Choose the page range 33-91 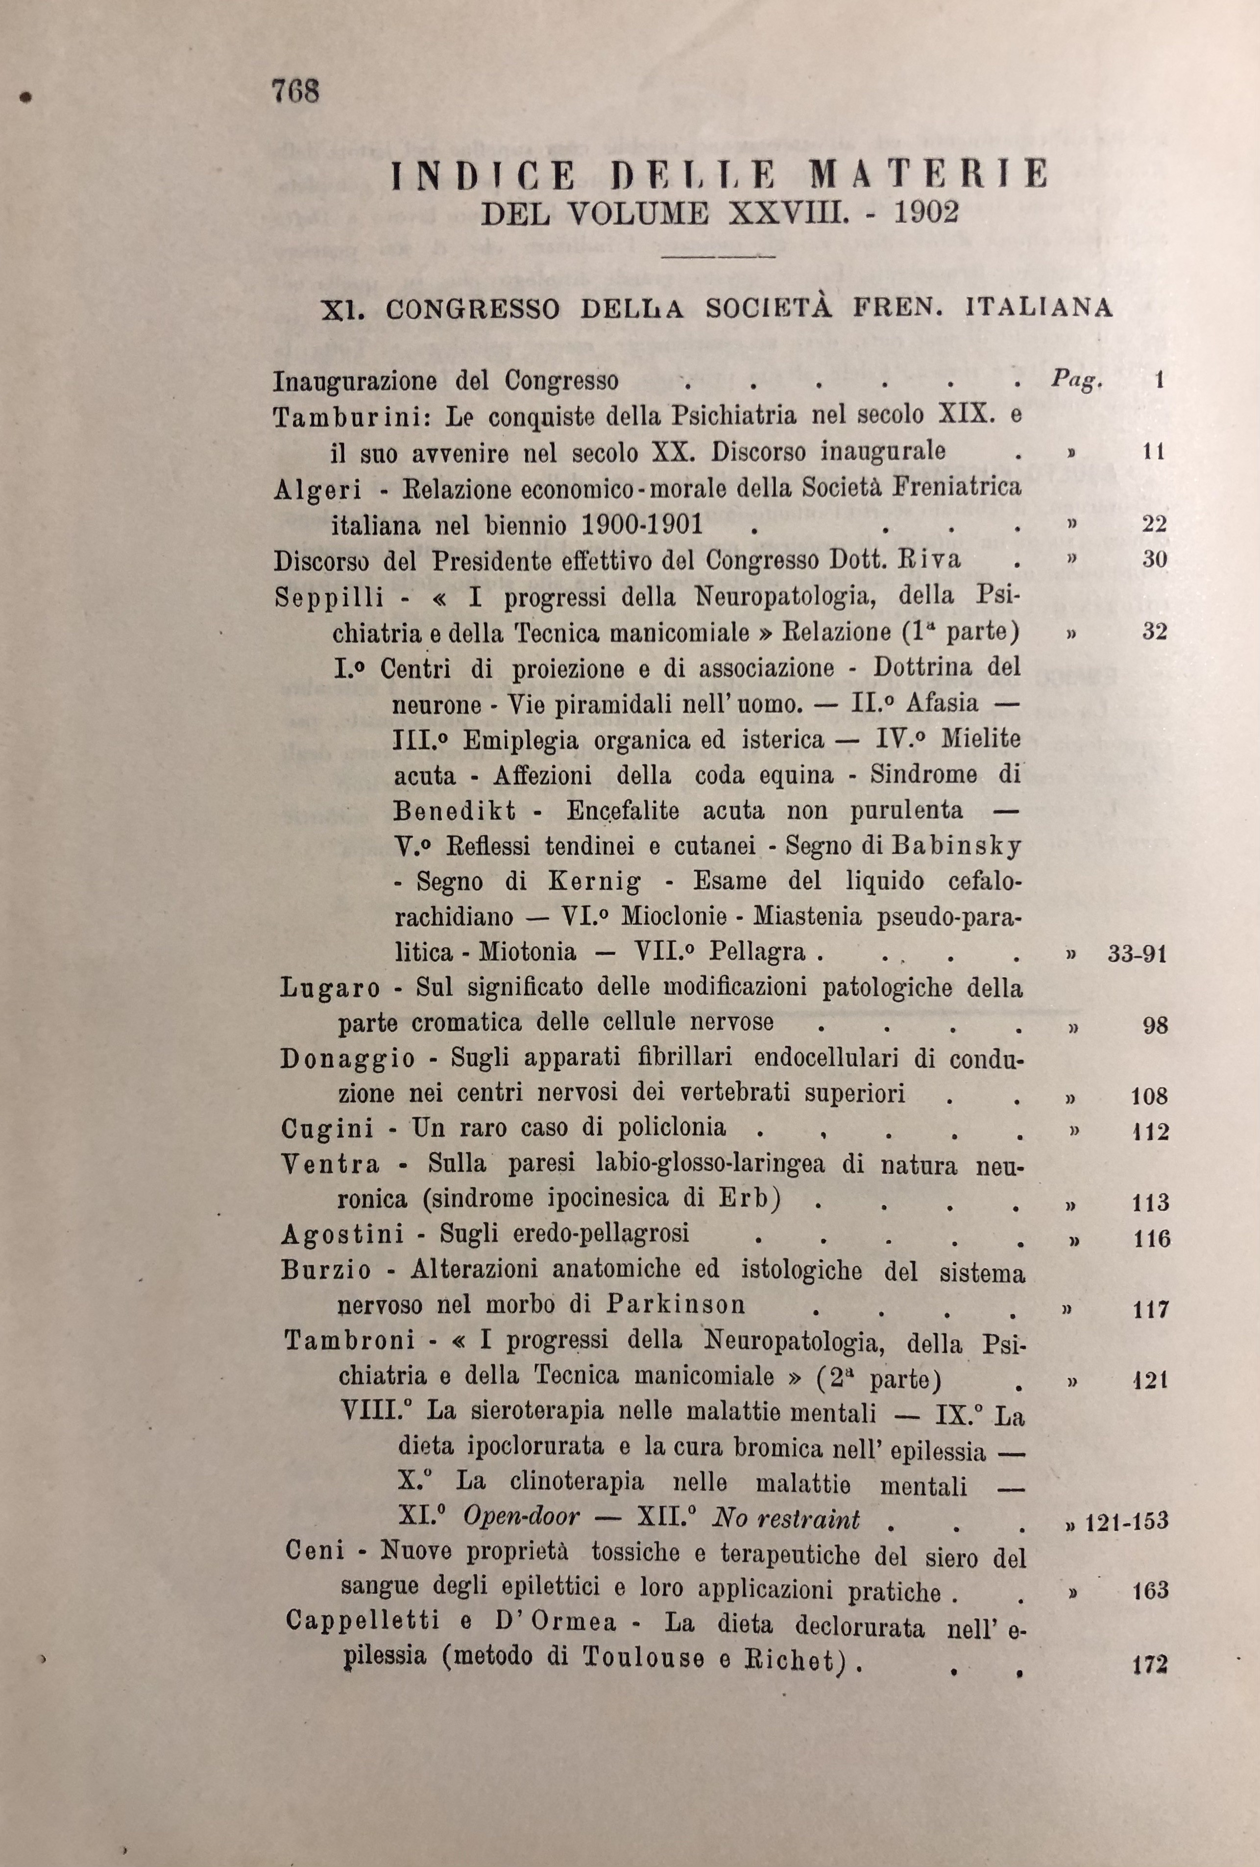pyautogui.click(x=1137, y=955)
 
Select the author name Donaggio pyautogui.click(x=348, y=1059)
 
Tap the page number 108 pyautogui.click(x=1148, y=1096)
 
